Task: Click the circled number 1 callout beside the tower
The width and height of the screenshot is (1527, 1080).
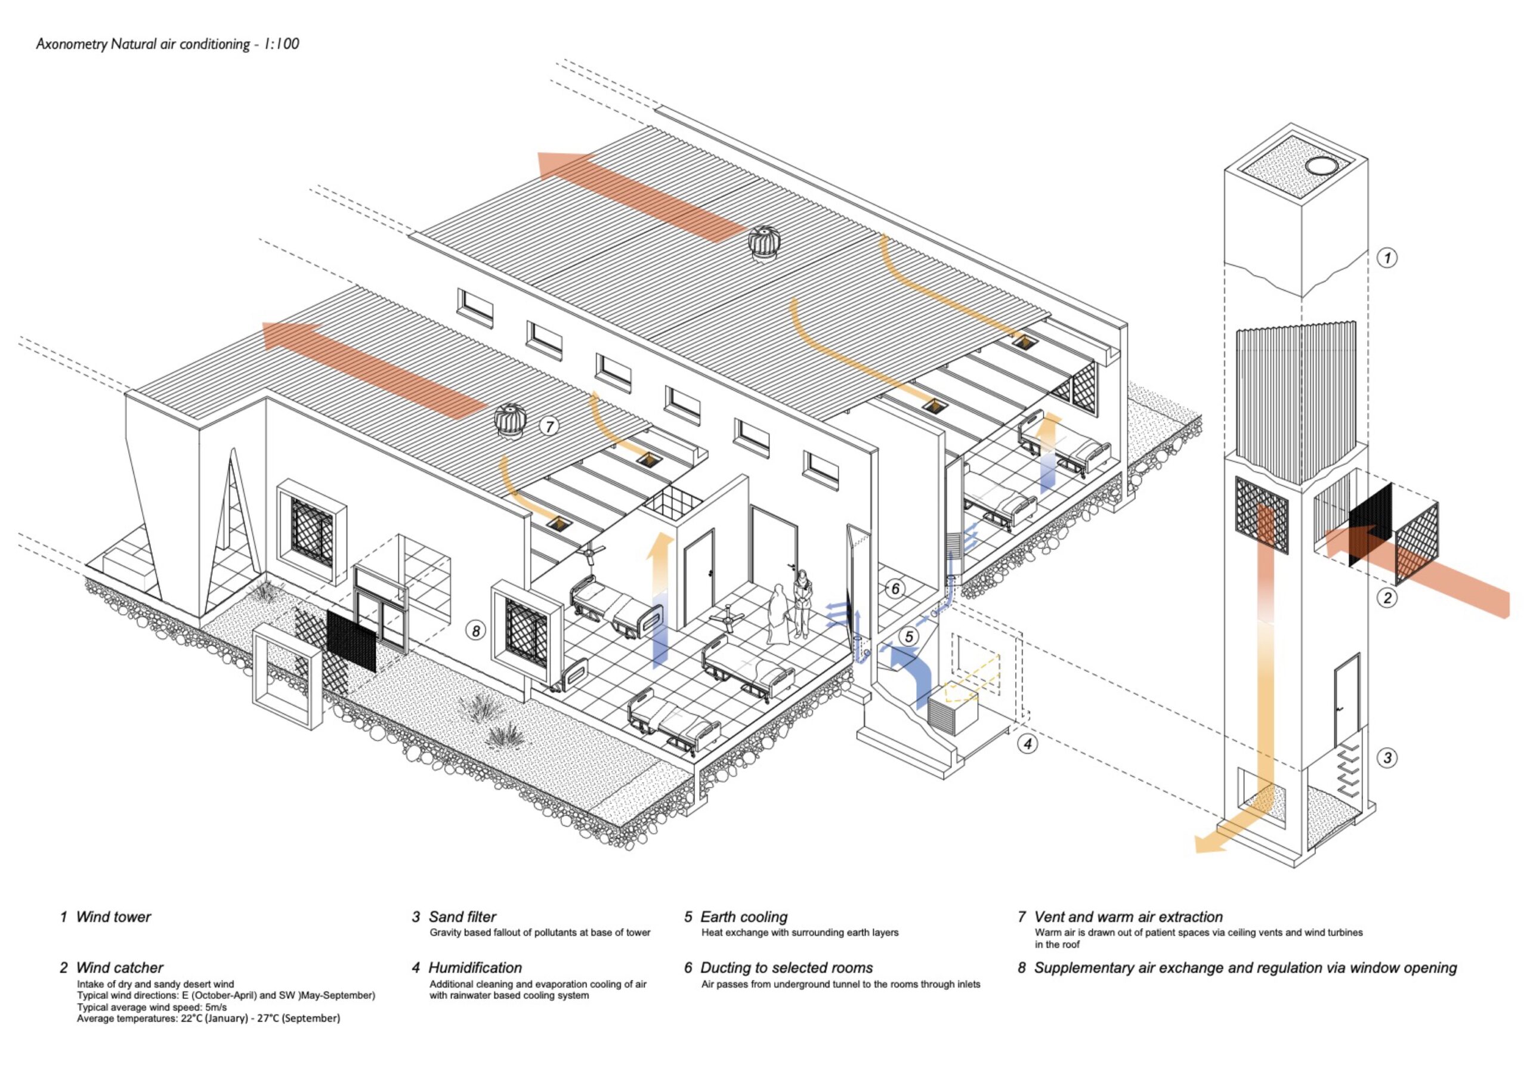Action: click(x=1386, y=258)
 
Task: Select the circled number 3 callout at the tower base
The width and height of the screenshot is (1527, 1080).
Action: click(x=1387, y=757)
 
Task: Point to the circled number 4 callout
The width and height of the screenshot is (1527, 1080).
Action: click(x=1028, y=744)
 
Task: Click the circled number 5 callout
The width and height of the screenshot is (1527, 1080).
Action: click(x=909, y=636)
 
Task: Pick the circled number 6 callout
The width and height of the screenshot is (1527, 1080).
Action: click(x=896, y=589)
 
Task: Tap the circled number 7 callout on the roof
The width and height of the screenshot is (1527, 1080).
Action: click(x=549, y=426)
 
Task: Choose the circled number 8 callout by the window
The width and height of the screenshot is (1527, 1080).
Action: click(x=475, y=630)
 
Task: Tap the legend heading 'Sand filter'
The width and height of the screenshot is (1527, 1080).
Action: click(x=462, y=917)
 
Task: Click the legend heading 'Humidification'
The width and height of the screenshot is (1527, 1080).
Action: click(x=475, y=968)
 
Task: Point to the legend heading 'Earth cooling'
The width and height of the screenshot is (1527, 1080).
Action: click(x=744, y=917)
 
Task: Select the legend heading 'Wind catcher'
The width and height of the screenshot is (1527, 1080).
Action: click(x=120, y=968)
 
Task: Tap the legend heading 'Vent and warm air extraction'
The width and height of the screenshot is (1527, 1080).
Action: click(x=1128, y=917)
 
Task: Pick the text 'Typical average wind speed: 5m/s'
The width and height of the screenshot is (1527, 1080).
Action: click(x=152, y=1007)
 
